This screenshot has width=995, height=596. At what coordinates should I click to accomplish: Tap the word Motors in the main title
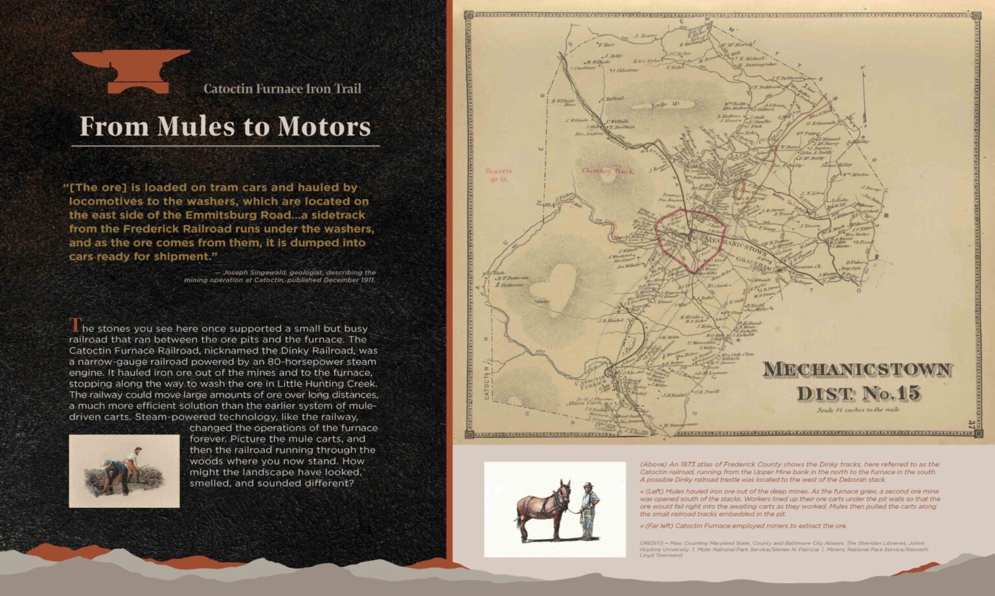pos(324,126)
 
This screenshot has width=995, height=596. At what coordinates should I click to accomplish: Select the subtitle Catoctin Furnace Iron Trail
pos(282,89)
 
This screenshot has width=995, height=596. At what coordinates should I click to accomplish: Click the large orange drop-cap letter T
pos(76,325)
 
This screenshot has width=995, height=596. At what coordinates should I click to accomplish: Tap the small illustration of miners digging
pos(124,471)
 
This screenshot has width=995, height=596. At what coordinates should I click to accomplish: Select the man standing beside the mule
pos(588,510)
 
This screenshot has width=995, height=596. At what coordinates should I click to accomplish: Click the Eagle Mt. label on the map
pos(658,104)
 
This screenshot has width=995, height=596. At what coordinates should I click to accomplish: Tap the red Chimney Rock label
pos(607,171)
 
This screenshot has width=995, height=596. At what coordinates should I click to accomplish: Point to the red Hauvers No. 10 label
pos(498,175)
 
